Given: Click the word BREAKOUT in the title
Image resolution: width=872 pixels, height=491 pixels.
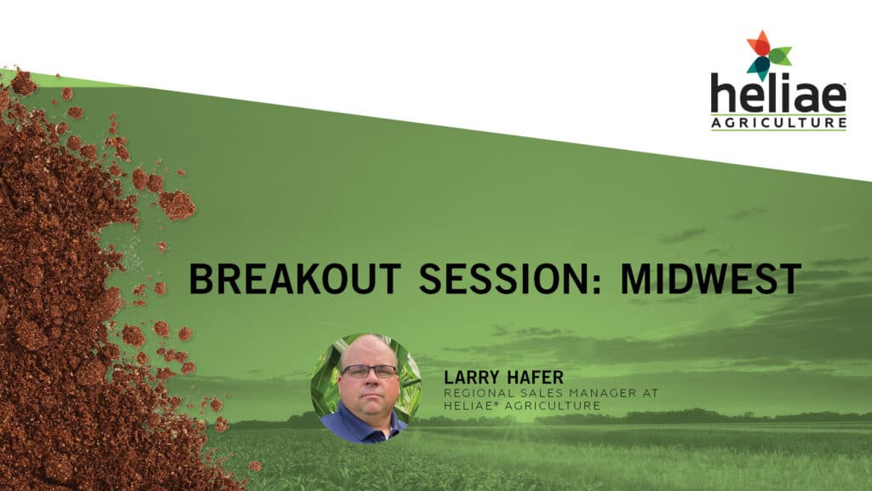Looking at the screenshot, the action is pyautogui.click(x=295, y=279).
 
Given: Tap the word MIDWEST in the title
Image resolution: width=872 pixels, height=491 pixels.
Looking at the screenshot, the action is pyautogui.click(x=711, y=279).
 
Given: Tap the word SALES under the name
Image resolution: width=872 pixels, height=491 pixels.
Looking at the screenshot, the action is pyautogui.click(x=527, y=393).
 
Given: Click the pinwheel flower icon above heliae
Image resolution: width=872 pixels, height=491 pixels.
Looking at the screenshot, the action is pyautogui.click(x=769, y=55).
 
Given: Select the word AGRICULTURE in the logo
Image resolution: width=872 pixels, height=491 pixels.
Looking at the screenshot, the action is pyautogui.click(x=778, y=123).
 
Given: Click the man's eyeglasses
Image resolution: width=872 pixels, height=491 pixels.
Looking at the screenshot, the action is pyautogui.click(x=370, y=371).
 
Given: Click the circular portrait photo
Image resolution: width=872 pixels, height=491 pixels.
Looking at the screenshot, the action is pyautogui.click(x=366, y=388).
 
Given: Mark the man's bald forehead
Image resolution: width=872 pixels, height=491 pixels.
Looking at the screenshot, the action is pyautogui.click(x=368, y=350).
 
